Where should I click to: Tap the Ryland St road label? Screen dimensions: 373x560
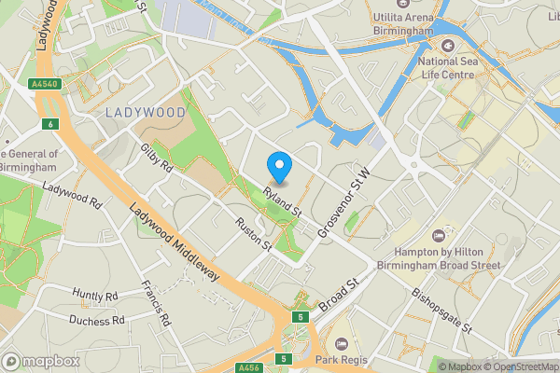pos(283,202)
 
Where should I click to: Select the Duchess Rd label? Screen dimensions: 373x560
pos(96,320)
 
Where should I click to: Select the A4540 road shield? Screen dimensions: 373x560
pos(43,83)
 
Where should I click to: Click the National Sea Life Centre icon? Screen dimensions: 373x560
pos(447,46)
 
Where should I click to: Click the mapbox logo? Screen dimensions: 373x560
pos(39,361)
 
